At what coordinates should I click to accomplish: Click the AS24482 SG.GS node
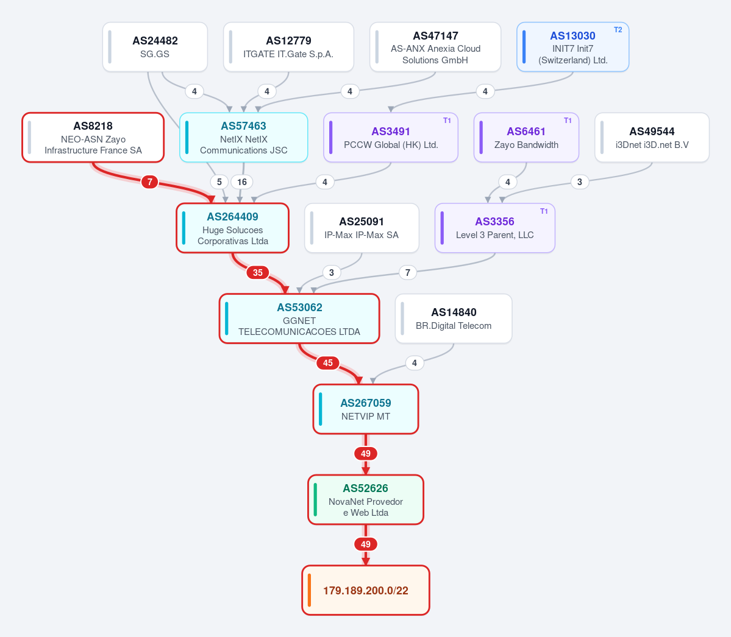[155, 47]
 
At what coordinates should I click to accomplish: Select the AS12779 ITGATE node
[288, 47]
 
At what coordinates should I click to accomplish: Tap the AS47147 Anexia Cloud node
[435, 47]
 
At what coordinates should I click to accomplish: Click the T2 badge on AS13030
[618, 30]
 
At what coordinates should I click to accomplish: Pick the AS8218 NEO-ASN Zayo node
[93, 138]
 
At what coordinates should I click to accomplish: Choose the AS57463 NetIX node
[243, 138]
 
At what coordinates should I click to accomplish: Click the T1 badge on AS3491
[447, 121]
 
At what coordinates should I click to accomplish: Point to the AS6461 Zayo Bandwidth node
[526, 138]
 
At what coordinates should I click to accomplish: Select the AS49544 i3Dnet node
[652, 138]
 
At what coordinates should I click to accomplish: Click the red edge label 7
[149, 181]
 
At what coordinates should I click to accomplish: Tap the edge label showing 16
[242, 181]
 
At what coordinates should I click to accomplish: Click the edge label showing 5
[219, 181]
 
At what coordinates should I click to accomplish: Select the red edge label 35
[258, 272]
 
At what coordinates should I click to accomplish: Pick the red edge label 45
[328, 363]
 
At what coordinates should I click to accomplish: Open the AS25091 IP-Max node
[362, 228]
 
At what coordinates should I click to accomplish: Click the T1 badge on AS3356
[544, 211]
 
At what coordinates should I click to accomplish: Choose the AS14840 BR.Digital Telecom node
[454, 318]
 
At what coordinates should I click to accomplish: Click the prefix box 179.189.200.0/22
[366, 591]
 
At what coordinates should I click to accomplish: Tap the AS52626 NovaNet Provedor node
[366, 499]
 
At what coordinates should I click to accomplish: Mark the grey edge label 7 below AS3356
[407, 272]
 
